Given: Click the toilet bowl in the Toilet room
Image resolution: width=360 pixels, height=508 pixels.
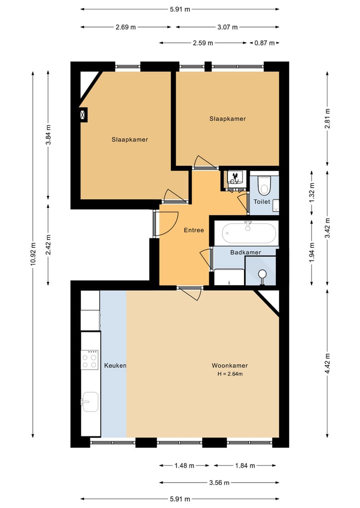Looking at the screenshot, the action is click(x=263, y=185).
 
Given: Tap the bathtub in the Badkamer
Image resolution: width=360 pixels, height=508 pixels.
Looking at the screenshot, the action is click(x=249, y=233).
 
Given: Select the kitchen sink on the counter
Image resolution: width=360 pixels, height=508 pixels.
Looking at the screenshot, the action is click(x=90, y=402).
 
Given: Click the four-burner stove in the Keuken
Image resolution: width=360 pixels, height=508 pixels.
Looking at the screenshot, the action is click(x=89, y=360).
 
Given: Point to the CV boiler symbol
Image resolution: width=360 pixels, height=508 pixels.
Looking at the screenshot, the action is click(x=234, y=178).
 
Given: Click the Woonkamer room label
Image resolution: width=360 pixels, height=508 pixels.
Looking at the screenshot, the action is click(x=229, y=366).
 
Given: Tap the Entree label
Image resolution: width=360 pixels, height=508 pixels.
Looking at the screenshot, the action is click(x=194, y=230).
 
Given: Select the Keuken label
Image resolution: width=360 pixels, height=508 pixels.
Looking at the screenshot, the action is click(x=115, y=366).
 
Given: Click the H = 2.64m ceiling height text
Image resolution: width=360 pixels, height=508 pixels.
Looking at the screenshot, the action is click(x=230, y=374).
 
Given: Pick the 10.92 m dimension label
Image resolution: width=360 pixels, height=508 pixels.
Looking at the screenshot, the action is click(x=33, y=254).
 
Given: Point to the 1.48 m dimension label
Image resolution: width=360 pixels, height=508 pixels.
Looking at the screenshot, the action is click(x=184, y=466).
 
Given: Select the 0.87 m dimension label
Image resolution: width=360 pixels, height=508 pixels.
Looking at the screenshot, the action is click(x=264, y=43).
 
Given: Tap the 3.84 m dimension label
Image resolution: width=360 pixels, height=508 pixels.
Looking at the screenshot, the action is click(x=48, y=135).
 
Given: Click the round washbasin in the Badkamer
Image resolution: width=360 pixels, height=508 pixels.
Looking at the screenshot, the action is click(x=262, y=274).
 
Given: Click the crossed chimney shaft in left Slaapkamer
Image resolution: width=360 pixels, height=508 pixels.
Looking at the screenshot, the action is click(x=83, y=115).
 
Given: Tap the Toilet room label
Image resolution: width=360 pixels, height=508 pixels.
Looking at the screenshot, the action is click(x=261, y=201).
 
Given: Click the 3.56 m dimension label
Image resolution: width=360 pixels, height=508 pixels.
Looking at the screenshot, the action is click(x=219, y=483).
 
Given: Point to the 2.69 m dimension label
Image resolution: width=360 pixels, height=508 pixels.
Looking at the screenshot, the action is click(x=126, y=27).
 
